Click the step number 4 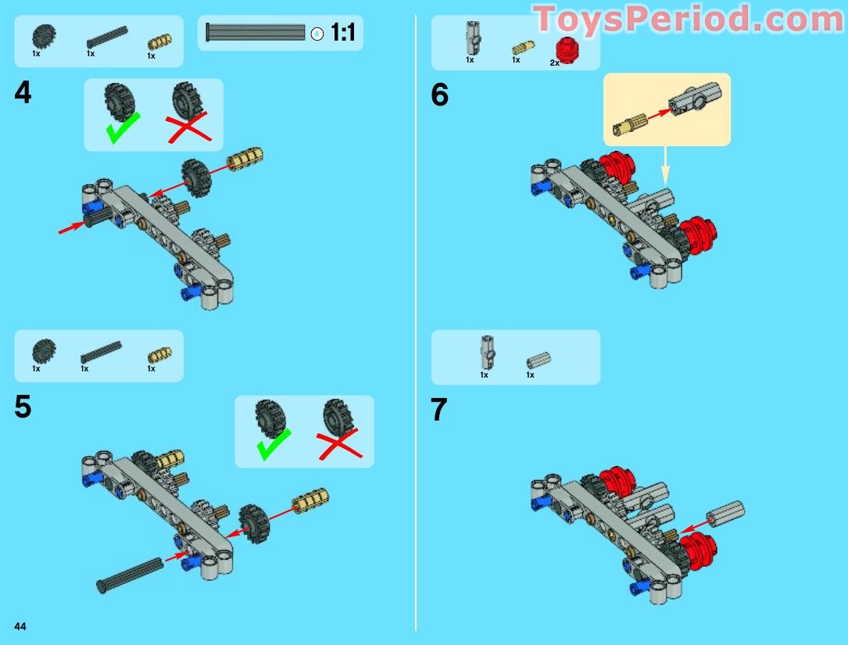coord(23,92)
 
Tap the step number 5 coord(23,407)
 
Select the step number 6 coord(440,95)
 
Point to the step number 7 coord(439,410)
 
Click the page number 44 coord(20,626)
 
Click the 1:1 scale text coord(343,33)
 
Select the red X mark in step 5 coord(340,444)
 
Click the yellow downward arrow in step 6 coord(665,166)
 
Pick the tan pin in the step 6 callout coord(628,124)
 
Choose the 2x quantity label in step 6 coord(554,63)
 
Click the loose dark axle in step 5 coord(129,575)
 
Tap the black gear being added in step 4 coord(196,177)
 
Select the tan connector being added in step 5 coord(310,500)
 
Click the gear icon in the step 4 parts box coord(43,37)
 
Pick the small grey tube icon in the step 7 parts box coord(538,360)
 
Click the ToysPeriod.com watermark coord(689,20)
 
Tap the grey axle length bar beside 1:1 coord(256,32)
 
